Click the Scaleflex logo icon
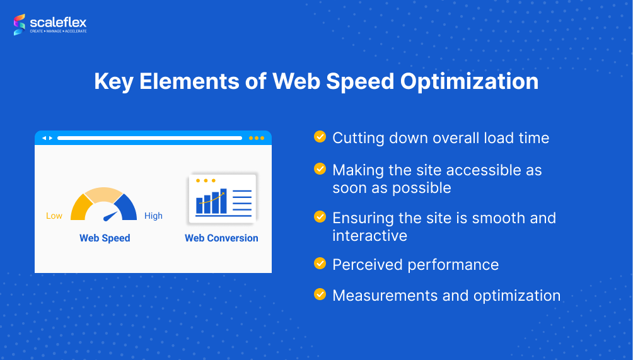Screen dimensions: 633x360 click(20, 25)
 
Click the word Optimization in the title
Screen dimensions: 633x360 click(469, 82)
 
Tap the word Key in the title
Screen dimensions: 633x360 click(114, 82)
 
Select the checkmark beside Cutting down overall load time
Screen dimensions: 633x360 click(320, 137)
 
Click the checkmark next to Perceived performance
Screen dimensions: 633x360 click(320, 264)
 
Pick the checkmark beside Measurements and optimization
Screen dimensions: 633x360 click(320, 294)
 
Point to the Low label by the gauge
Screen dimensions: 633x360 click(54, 216)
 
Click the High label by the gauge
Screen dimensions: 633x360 click(153, 216)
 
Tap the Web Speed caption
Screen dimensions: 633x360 click(105, 238)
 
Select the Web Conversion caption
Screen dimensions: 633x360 click(221, 238)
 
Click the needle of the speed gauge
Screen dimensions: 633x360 click(110, 217)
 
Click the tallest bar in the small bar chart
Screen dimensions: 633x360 click(223, 201)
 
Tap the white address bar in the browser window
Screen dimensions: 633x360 click(150, 138)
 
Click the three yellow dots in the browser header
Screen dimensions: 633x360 click(257, 138)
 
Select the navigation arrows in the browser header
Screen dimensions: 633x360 click(47, 138)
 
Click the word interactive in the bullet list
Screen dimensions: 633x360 click(370, 236)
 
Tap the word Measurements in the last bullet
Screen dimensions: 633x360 click(385, 296)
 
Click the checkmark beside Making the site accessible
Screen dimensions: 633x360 click(320, 169)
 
